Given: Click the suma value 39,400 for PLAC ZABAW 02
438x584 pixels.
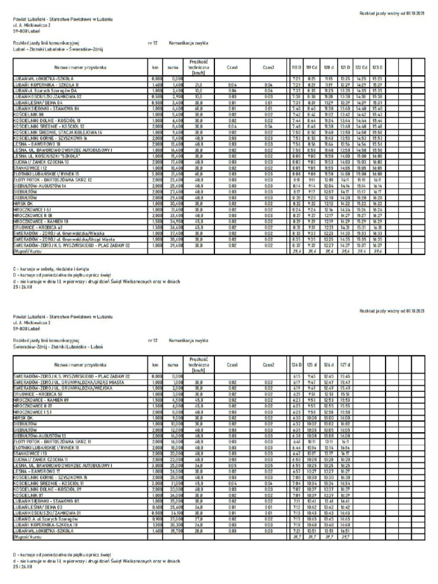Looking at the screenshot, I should tap(176, 229).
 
